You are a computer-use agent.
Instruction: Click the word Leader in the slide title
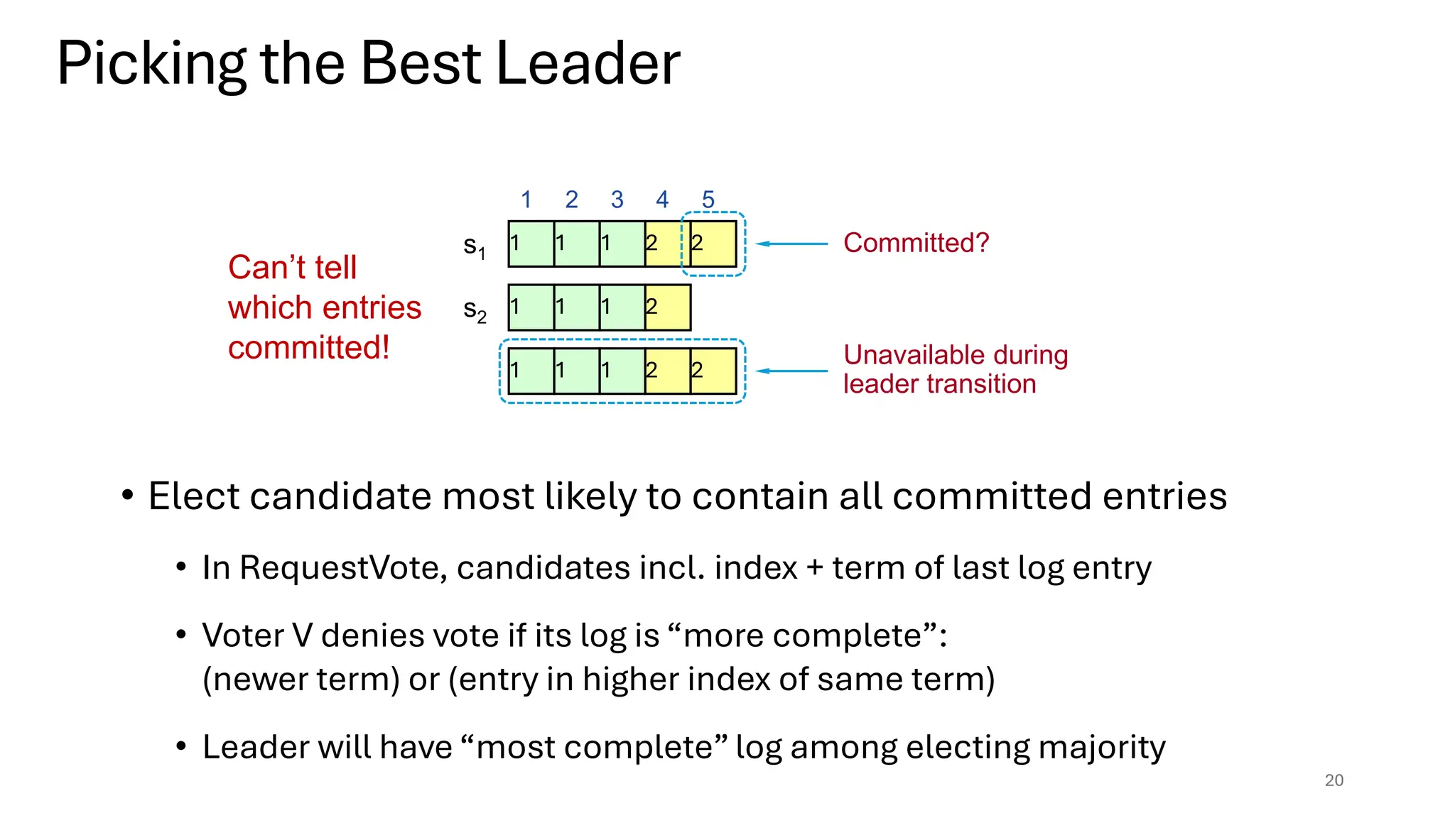pos(588,64)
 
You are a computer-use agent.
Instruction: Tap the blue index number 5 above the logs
pos(708,200)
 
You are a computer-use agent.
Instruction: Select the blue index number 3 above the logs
pos(617,200)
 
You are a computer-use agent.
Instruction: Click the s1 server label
pos(474,246)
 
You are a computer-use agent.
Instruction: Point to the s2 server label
pos(475,310)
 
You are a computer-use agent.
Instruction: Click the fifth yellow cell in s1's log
pos(713,244)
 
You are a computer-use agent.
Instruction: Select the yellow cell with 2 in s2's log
pos(668,307)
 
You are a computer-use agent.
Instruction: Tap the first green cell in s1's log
pos(531,244)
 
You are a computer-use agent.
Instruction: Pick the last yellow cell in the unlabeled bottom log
pos(713,371)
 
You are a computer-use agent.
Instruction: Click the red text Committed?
pos(916,243)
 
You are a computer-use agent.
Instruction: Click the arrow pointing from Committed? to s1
pos(791,244)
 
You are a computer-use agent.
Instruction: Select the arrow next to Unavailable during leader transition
pos(791,371)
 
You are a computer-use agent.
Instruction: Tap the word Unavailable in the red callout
pos(900,354)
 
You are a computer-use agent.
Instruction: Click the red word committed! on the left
pos(308,348)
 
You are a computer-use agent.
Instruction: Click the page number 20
pos(1334,780)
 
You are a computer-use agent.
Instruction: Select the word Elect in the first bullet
pos(193,496)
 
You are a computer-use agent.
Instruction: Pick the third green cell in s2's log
pos(622,307)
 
